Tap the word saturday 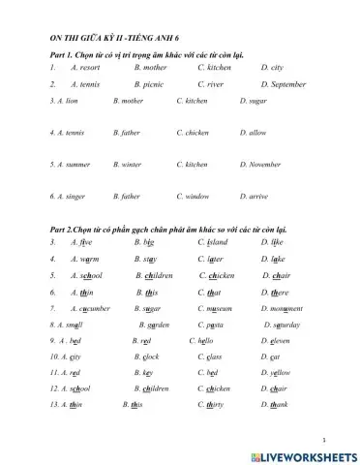click(x=283, y=325)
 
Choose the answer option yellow click(x=275, y=372)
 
